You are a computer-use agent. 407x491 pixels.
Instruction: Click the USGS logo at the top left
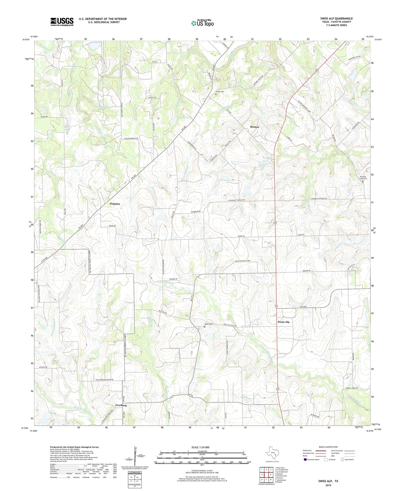coord(62,22)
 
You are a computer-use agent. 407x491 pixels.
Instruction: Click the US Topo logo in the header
coord(202,23)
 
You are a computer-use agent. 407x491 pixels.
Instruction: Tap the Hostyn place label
coord(254,127)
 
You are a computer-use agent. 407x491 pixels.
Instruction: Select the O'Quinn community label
coord(115,204)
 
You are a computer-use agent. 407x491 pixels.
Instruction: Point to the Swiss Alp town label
coord(283,322)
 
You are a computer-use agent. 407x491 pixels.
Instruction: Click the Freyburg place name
coord(121,405)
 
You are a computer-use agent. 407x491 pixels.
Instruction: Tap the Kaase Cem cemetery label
coord(208,324)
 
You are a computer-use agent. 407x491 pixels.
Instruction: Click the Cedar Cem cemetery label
coord(220,92)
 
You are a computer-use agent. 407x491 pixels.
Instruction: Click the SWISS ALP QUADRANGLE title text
coord(336,18)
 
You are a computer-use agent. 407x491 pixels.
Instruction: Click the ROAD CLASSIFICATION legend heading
coord(328,447)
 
